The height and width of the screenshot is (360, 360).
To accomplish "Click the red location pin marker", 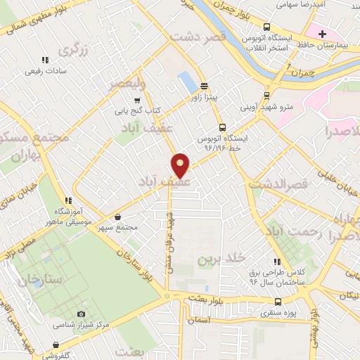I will [181, 165].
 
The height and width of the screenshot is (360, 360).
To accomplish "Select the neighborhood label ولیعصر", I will [127, 83].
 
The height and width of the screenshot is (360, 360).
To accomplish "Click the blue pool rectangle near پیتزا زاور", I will [187, 82].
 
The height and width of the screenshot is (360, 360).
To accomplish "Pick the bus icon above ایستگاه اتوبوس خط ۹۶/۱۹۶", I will [222, 128].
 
